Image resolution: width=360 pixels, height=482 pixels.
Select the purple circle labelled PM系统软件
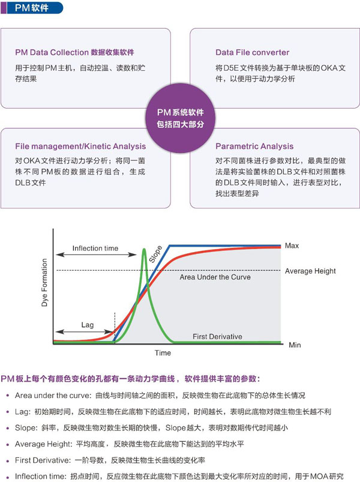pyautogui.click(x=180, y=118)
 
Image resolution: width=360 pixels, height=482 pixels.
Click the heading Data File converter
pyautogui.click(x=252, y=53)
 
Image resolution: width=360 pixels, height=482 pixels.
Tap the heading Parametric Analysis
pyautogui.click(x=254, y=146)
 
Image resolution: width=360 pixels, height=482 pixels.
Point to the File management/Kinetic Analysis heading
pyautogui.click(x=80, y=146)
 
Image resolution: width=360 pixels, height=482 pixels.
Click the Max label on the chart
pyautogui.click(x=292, y=246)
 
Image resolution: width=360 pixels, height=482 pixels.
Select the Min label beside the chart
pyautogui.click(x=295, y=345)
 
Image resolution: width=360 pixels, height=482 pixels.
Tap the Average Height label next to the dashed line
pyautogui.click(x=310, y=271)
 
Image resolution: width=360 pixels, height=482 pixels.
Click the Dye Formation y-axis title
pyautogui.click(x=44, y=283)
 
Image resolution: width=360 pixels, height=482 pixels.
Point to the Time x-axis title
pyautogui.click(x=163, y=353)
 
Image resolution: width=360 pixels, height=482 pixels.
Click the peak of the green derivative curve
pyautogui.click(x=144, y=249)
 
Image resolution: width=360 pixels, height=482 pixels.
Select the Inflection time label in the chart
pyautogui.click(x=95, y=249)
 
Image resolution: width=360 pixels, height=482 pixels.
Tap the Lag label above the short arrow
pyautogui.click(x=88, y=325)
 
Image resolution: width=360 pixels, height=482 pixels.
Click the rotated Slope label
pyautogui.click(x=155, y=255)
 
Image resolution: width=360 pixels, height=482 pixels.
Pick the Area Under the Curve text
pyautogui.click(x=215, y=277)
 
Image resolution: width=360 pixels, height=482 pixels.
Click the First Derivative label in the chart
pyautogui.click(x=217, y=337)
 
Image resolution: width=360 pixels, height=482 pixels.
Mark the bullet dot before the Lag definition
pyautogui.click(x=8, y=412)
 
